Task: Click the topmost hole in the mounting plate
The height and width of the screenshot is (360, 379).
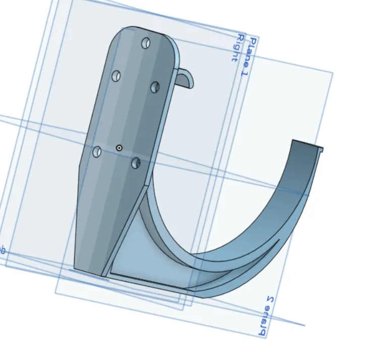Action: (x=146, y=42)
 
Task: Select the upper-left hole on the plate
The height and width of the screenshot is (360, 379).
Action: (x=116, y=76)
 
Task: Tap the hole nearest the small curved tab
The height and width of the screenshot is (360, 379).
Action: (x=155, y=87)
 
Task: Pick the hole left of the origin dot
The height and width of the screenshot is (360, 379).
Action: (x=97, y=151)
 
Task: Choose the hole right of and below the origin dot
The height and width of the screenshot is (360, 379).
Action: (x=136, y=163)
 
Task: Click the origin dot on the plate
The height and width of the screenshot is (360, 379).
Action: (x=119, y=148)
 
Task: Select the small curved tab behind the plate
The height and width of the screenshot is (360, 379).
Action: (x=187, y=78)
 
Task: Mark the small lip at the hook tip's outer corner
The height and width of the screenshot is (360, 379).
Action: (x=320, y=149)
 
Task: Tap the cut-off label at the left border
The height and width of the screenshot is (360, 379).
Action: (x=2, y=250)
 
